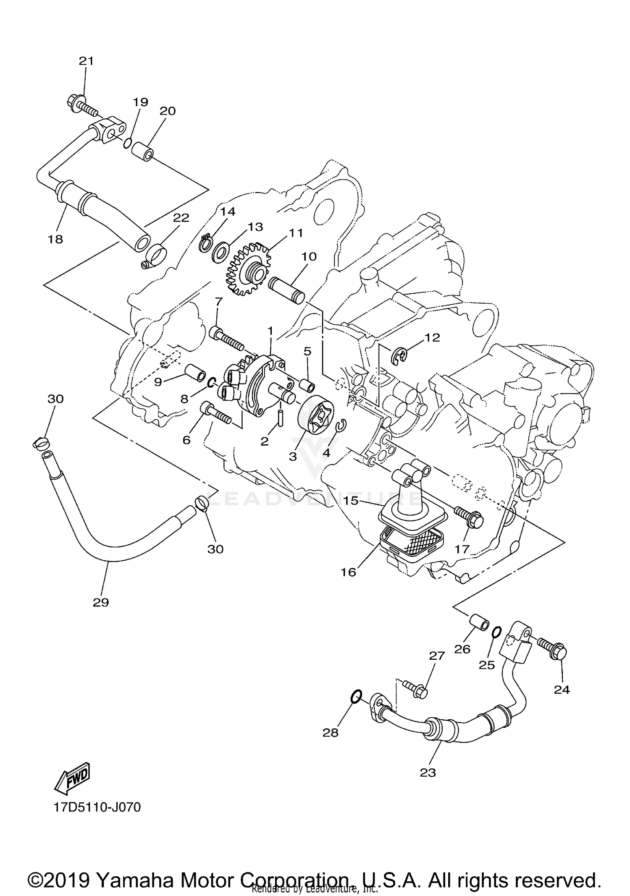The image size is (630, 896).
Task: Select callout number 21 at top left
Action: pyautogui.click(x=86, y=61)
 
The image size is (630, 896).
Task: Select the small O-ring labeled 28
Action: pyautogui.click(x=355, y=697)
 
